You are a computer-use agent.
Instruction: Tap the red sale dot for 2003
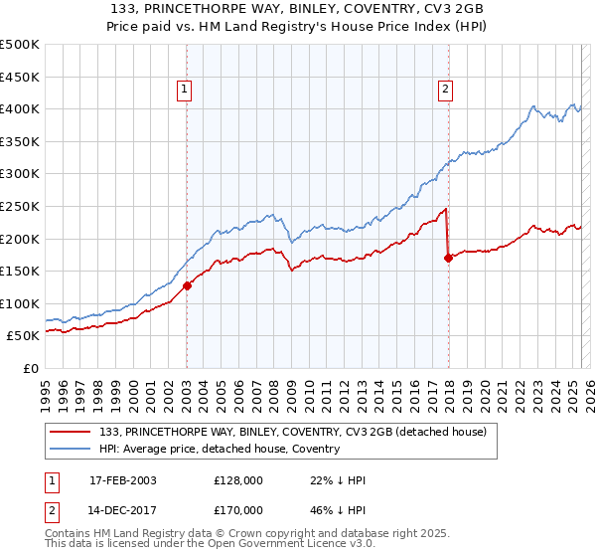pyautogui.click(x=187, y=285)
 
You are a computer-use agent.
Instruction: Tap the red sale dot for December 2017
pyautogui.click(x=448, y=258)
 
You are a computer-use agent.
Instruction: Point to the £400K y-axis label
pyautogui.click(x=21, y=108)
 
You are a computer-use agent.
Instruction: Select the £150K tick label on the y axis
pyautogui.click(x=21, y=271)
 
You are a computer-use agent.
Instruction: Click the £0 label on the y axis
pyautogui.click(x=30, y=368)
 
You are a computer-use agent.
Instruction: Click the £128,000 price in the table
pyautogui.click(x=237, y=480)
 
